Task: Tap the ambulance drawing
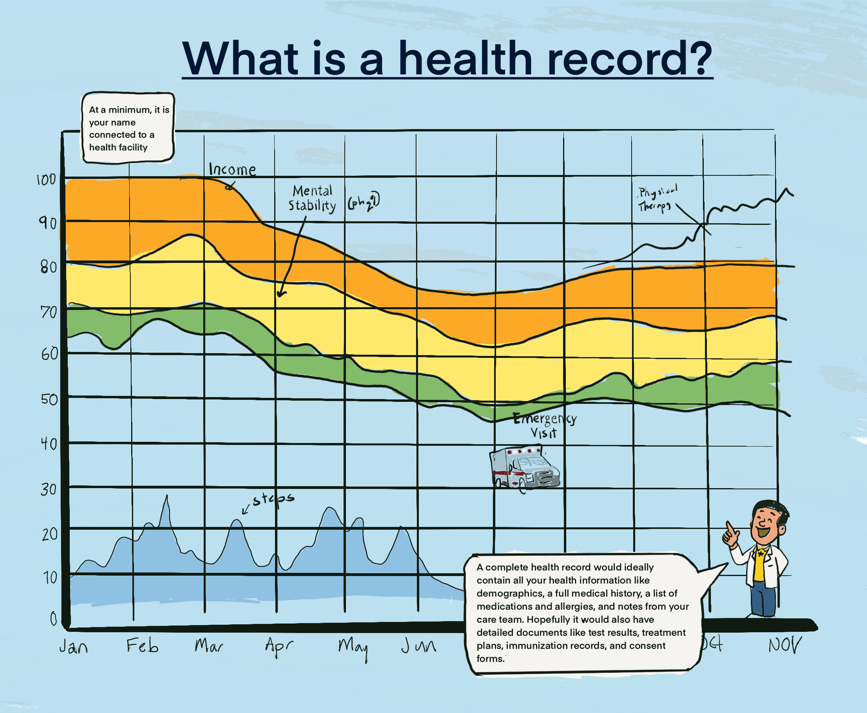(x=524, y=468)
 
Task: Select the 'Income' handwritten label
(x=232, y=169)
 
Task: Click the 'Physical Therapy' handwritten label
(x=657, y=199)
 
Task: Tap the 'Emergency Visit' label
(x=544, y=425)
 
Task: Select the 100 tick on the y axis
(x=46, y=180)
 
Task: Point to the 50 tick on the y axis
(x=49, y=399)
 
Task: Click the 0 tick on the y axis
(x=53, y=618)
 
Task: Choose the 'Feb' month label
(x=142, y=646)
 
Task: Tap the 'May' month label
(x=353, y=647)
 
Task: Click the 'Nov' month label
(x=784, y=645)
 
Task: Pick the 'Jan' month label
(x=74, y=647)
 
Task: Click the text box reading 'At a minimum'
(x=128, y=128)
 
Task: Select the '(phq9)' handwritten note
(x=363, y=201)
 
